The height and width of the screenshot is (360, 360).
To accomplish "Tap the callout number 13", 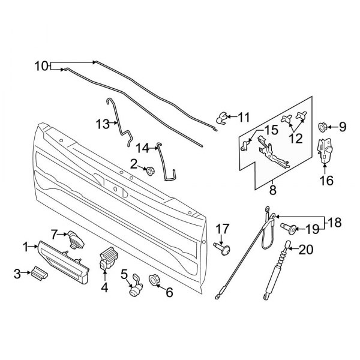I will [x=102, y=124].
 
